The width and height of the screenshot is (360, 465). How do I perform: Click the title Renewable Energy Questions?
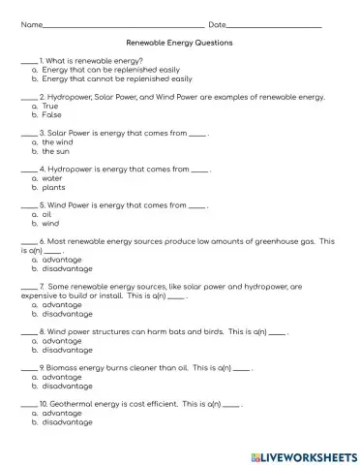click(x=179, y=44)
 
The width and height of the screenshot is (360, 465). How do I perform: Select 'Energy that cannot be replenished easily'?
click(x=117, y=78)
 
